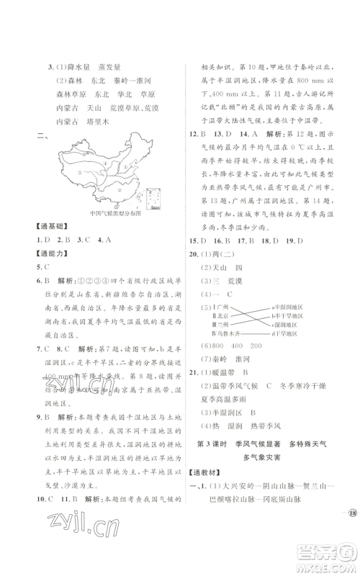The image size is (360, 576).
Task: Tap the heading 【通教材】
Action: [209, 486]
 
